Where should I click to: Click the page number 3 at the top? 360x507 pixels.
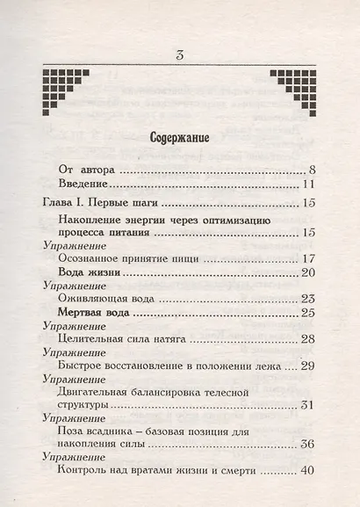(179, 57)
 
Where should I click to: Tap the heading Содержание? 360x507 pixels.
(179, 138)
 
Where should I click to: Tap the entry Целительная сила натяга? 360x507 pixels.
(124, 338)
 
